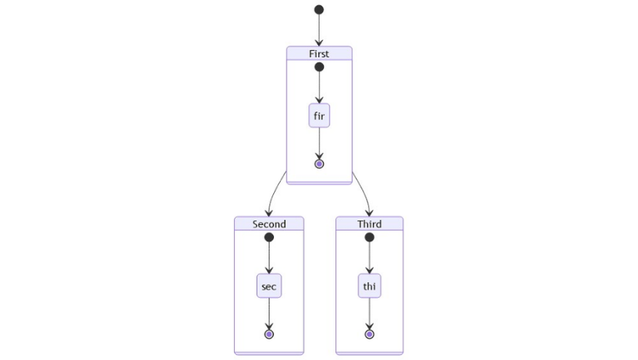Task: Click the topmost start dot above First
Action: point(319,10)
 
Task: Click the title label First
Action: point(319,54)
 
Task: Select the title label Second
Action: point(269,224)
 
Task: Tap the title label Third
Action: point(369,224)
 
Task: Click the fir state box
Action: point(319,116)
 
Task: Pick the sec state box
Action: point(269,286)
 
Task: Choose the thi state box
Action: point(369,286)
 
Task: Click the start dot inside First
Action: point(319,68)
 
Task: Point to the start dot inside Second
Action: point(269,238)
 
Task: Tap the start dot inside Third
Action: point(369,238)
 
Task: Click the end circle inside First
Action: point(319,164)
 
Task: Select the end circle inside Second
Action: point(269,334)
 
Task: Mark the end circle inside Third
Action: point(369,334)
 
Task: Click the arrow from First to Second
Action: point(272,196)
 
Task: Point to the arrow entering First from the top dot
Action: point(319,29)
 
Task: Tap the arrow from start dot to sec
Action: point(269,258)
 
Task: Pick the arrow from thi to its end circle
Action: point(369,313)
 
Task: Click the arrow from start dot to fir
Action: point(319,88)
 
